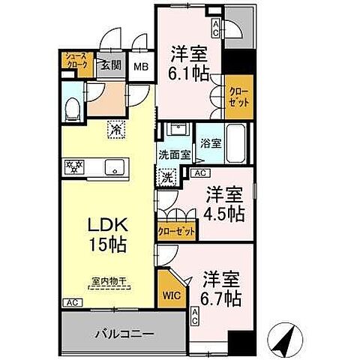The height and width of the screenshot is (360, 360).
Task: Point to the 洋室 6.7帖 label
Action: tap(221, 289)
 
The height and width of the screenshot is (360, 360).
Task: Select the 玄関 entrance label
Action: tap(112, 66)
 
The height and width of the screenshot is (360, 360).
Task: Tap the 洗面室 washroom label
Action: tap(174, 155)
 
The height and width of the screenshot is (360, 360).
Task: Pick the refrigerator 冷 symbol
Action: tap(116, 130)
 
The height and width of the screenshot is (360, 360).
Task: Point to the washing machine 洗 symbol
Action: tap(169, 177)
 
